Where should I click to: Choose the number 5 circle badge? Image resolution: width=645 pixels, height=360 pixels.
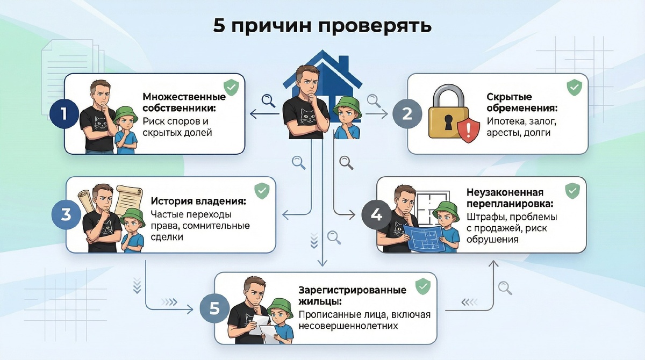(x=214, y=308)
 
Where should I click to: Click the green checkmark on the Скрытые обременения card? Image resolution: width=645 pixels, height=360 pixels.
(x=574, y=86)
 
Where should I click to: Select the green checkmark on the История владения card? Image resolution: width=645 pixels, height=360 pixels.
(x=262, y=190)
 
